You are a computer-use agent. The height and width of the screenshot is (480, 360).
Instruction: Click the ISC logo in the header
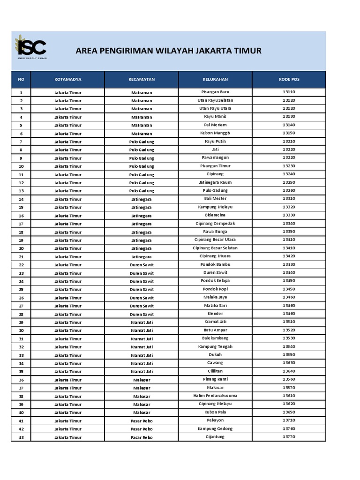pos(31,47)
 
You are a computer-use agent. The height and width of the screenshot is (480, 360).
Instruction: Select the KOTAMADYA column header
pos(67,79)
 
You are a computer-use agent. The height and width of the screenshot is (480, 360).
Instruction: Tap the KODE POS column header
pos(289,79)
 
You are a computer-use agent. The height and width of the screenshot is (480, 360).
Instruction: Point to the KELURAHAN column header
pos(215,79)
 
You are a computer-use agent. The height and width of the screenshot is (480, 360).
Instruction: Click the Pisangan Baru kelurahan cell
pos(215,92)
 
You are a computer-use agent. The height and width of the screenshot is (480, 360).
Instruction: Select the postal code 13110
pos(289,92)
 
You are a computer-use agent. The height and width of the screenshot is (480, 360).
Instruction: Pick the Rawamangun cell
pos(215,157)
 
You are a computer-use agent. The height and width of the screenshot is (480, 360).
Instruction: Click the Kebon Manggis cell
pos(215,133)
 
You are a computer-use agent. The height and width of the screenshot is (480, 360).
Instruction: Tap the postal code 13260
pos(289,190)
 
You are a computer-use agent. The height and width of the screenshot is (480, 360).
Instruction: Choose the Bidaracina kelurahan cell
pos(215,215)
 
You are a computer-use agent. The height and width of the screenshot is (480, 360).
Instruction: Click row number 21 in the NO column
pos(21,257)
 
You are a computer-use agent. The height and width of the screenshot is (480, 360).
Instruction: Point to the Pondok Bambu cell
pos(215,264)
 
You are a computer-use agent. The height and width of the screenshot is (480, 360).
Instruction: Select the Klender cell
pos(215,314)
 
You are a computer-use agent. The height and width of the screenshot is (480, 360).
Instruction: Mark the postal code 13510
pos(289,322)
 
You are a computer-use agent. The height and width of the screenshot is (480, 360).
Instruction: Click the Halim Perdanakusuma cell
pos(215,396)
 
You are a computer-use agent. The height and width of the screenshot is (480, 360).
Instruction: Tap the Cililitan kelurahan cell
pos(215,371)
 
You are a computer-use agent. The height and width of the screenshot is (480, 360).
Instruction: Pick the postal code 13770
pos(289,437)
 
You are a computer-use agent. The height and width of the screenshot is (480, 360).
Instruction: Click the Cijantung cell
pos(215,437)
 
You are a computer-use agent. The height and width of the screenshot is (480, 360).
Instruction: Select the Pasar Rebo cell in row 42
pos(142,429)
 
